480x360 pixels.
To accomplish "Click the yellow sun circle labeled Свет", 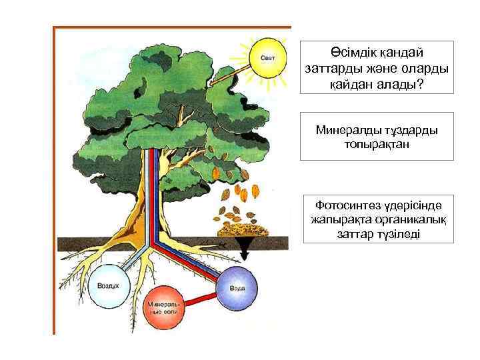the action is pyautogui.click(x=267, y=59).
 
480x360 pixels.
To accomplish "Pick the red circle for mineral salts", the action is pyautogui.click(x=164, y=308).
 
